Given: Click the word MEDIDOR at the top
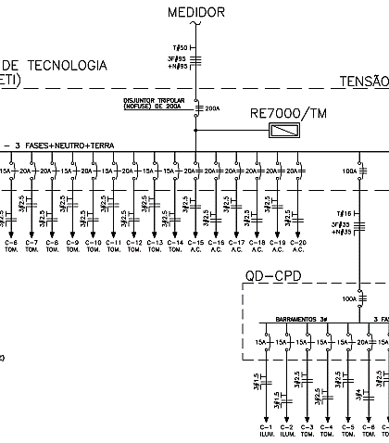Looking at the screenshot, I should click(x=196, y=11).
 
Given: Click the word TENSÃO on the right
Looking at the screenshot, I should click(x=363, y=82).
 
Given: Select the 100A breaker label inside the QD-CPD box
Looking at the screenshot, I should click(x=348, y=299).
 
